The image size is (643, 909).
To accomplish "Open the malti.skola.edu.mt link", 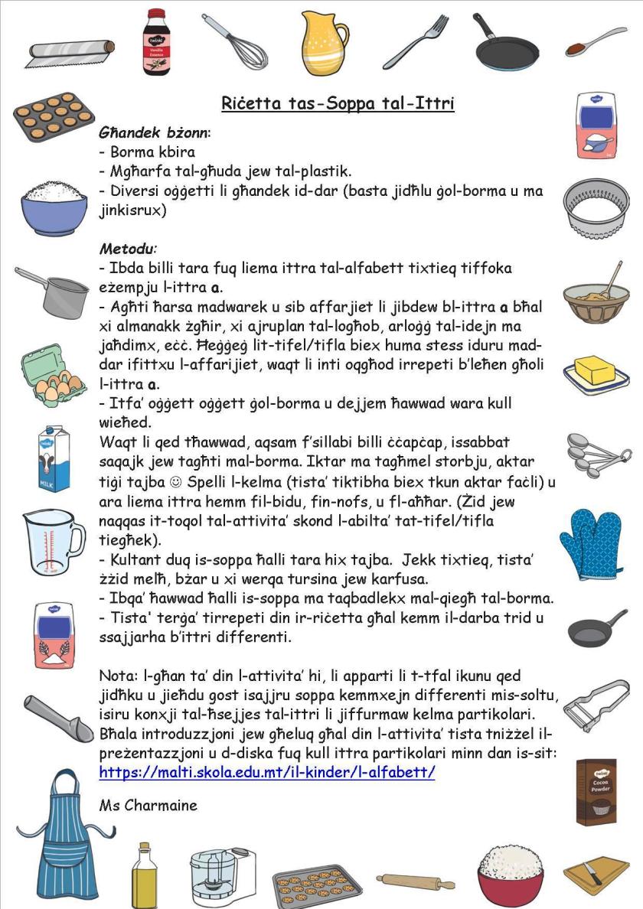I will click(267, 772).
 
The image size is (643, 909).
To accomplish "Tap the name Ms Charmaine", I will click(148, 805).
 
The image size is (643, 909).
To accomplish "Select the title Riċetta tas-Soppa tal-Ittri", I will click(338, 103).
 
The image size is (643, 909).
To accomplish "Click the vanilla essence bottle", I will click(155, 42).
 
